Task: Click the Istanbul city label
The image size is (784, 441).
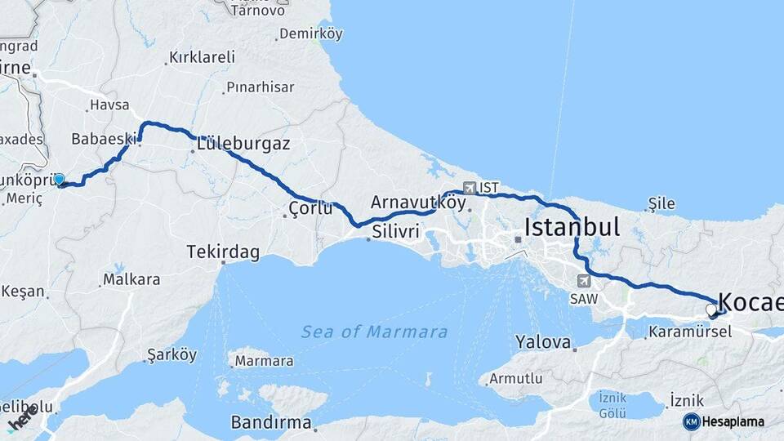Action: (x=572, y=226)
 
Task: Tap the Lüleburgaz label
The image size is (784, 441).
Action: (x=243, y=144)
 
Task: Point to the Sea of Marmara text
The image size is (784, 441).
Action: (x=374, y=332)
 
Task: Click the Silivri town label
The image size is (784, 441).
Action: (x=395, y=232)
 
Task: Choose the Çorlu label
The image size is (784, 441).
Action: (x=310, y=210)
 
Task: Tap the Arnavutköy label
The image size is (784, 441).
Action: (x=418, y=201)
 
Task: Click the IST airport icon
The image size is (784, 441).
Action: (x=469, y=187)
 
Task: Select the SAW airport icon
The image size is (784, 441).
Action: (x=583, y=281)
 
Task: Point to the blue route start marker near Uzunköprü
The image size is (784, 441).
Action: (x=59, y=179)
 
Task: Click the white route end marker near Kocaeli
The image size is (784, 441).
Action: (x=710, y=310)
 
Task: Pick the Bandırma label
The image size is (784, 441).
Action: (x=271, y=422)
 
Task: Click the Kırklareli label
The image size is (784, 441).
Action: (x=201, y=57)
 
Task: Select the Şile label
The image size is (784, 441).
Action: (x=662, y=202)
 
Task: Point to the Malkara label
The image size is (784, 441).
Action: (x=131, y=280)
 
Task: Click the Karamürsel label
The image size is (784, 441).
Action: (x=683, y=332)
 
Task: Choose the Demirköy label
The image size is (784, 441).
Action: (x=310, y=34)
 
